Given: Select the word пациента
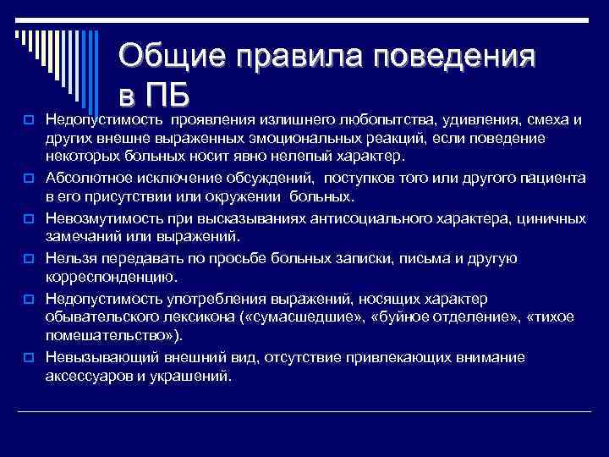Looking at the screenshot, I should coord(547,178).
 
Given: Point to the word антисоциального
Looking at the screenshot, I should coord(372,217).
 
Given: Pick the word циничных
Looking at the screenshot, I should coord(552,217).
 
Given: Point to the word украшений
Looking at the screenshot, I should coord(194,376).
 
